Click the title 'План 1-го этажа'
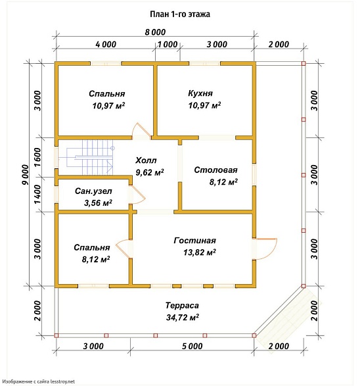pos(180,14)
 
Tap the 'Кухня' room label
pos(200,93)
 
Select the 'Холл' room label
pos(146,160)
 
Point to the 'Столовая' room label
pos(216,170)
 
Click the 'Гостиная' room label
pos(194,240)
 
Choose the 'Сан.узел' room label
pos(93,191)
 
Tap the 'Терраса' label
pos(182,306)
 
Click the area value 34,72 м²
pos(183,318)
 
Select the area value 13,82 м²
pos(200,253)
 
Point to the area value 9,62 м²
pos(150,172)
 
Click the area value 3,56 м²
pos(98,203)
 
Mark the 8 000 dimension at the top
pos(155,32)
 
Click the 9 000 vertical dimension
pos(26,174)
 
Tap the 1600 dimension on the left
pos(37,157)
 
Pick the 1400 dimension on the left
pos(37,195)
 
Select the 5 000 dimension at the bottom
pos(192,346)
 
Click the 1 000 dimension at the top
pos(168,44)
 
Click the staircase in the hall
pos(90,158)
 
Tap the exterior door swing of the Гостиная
pos(267,248)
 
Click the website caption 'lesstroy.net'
pos(62,382)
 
